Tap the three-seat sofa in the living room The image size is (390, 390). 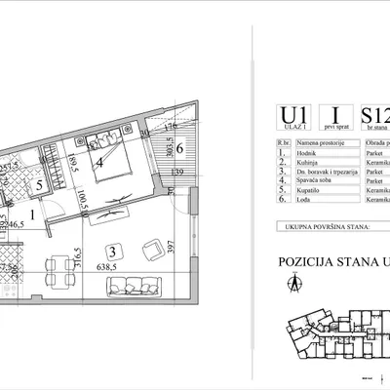tap(131, 287)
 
